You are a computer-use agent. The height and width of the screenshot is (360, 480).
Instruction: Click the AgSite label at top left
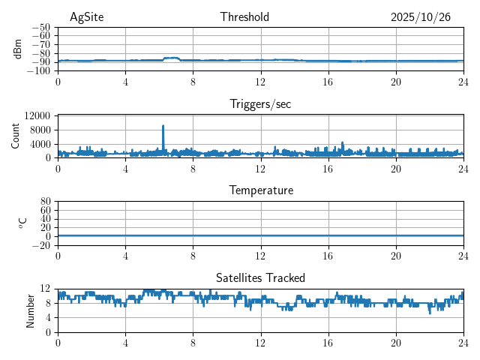pos(85,17)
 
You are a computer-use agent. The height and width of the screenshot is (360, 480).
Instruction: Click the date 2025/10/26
pos(421,17)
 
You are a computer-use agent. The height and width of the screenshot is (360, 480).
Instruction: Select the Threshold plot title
pos(244,17)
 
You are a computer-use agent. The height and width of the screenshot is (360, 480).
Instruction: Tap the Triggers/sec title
pos(260,104)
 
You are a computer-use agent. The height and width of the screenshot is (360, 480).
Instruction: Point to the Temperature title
pos(261,190)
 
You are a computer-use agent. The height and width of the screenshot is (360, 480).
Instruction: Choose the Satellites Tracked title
pos(260,277)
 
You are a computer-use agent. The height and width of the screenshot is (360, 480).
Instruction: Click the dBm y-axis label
pos(18,49)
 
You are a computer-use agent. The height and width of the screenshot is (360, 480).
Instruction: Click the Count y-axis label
pos(16,136)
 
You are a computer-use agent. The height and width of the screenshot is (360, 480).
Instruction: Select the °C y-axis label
pos(22,223)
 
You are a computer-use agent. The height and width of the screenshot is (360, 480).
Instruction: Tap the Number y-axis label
pos(31,310)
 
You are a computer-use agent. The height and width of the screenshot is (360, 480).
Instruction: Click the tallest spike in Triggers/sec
pos(163,127)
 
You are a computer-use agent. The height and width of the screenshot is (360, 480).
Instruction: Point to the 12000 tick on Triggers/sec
pos(37,115)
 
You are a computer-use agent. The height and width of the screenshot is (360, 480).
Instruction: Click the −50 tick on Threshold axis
pos(40,27)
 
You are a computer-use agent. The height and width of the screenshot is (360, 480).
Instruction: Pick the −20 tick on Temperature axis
pos(40,245)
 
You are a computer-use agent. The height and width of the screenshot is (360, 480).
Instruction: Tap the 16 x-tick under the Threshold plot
pos(328,82)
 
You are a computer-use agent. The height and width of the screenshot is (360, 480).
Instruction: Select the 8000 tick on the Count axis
pos(39,130)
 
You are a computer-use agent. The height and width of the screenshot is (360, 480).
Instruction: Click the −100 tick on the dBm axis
pos(37,71)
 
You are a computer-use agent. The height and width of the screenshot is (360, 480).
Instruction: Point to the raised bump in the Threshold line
pos(172,58)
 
